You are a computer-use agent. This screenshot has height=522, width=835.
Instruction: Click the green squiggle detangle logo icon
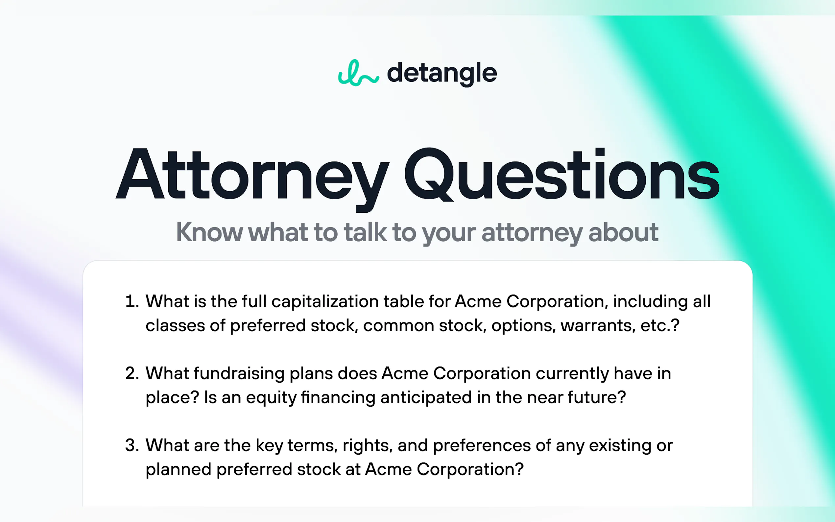tap(358, 73)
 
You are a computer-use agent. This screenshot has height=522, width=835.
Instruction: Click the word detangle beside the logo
tap(442, 73)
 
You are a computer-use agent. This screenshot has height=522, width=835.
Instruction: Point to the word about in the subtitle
tap(623, 232)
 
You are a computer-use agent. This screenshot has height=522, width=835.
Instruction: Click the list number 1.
tap(131, 301)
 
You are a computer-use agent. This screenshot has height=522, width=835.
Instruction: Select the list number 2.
tap(131, 373)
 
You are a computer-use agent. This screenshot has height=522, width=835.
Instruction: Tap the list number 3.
tap(131, 445)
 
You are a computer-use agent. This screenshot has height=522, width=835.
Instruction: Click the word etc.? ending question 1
tap(660, 325)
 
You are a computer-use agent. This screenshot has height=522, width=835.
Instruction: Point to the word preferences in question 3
tap(482, 446)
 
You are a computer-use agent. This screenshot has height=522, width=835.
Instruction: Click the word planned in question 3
tap(179, 470)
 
